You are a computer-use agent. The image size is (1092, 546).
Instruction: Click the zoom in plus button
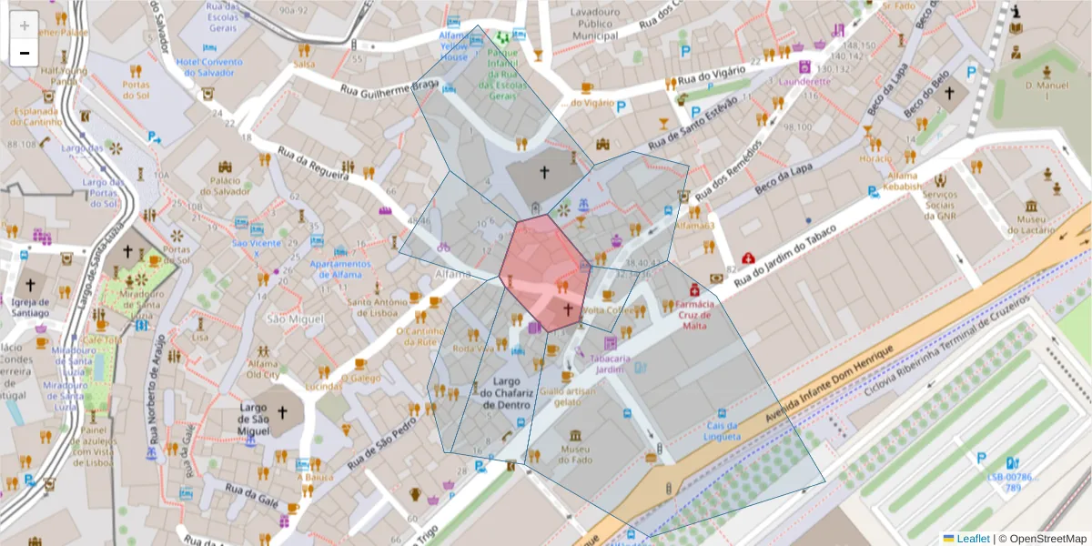pyautogui.click(x=24, y=25)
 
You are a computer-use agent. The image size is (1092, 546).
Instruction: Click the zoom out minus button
pyautogui.click(x=24, y=53)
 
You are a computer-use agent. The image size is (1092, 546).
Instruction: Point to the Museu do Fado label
pyautogui.click(x=574, y=454)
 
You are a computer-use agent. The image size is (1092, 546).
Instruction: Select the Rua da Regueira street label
pyautogui.click(x=313, y=161)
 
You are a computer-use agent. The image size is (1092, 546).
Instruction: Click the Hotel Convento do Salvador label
pyautogui.click(x=210, y=67)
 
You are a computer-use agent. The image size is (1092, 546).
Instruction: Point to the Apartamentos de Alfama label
pyautogui.click(x=339, y=269)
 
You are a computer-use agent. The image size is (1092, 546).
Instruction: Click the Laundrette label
pyautogui.click(x=804, y=80)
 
